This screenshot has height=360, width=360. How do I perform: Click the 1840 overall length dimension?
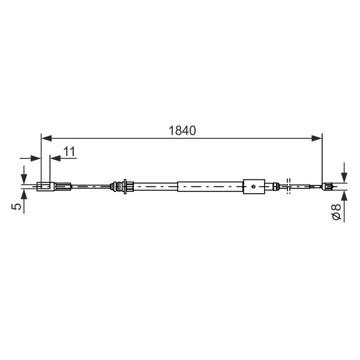pos(182,131)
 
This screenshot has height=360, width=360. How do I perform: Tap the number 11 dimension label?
pos(70,152)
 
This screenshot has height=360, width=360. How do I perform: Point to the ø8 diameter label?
pos(337,212)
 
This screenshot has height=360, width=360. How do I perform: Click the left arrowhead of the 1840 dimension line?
pos(46,139)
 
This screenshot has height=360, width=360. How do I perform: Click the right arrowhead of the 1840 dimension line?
pos(317,139)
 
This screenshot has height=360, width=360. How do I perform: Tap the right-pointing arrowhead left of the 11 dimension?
pos(35,158)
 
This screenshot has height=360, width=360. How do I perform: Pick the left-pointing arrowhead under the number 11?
pos(55,158)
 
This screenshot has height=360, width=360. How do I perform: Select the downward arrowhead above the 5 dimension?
pos(24,179)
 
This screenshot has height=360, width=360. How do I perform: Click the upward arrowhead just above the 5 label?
pos(24,194)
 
